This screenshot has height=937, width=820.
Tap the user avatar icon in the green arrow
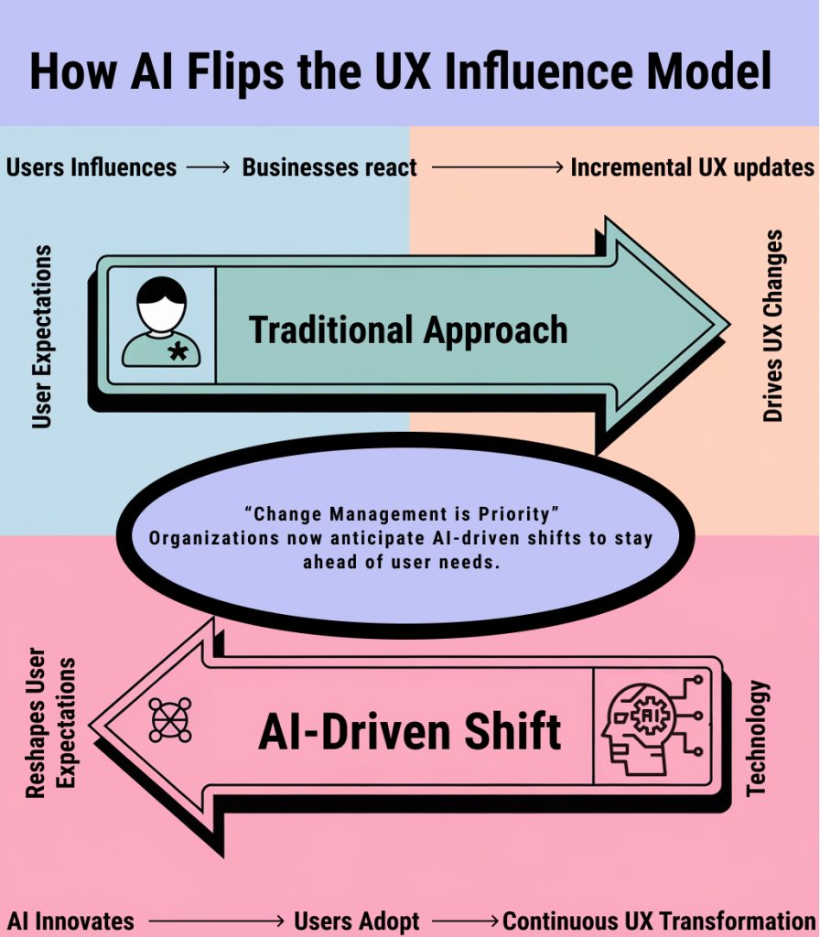coord(161,322)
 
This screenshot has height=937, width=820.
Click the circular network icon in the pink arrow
coord(169,719)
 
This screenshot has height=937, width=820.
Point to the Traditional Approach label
coord(407,330)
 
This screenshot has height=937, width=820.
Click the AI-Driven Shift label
coord(409,731)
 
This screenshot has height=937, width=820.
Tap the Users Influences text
coord(92,167)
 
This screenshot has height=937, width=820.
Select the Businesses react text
coord(329,167)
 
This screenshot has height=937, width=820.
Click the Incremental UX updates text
coord(692,167)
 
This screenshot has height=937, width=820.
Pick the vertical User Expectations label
coord(42,337)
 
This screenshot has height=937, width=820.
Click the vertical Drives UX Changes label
coord(772,326)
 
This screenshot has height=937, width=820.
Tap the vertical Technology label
coord(757,738)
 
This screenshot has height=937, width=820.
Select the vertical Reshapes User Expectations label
coord(50,723)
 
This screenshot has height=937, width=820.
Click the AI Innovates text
coord(70,921)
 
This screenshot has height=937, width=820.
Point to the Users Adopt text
coord(357,921)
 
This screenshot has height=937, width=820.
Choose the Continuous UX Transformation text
coord(659,921)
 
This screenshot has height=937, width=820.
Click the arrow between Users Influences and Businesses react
coord(208,168)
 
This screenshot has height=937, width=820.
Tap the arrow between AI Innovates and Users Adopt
coord(216,921)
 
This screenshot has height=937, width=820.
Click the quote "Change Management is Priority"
coord(401,514)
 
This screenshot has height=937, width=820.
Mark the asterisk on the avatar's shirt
coord(178,352)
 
